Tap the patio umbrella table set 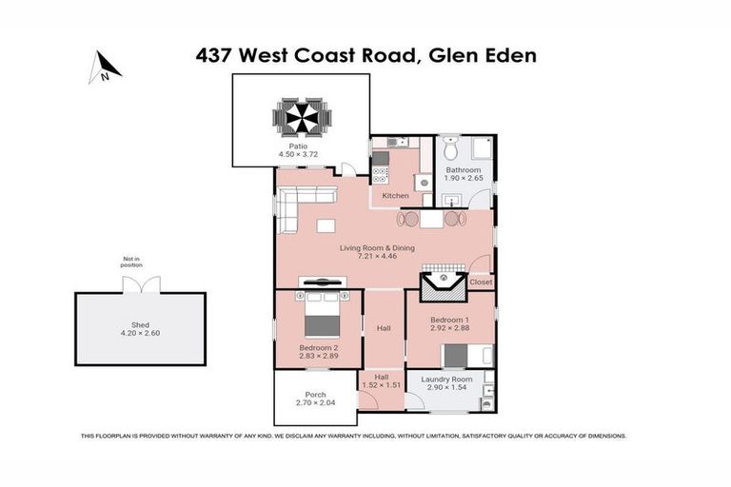click(x=303, y=118)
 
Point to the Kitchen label click(x=395, y=196)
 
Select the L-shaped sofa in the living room click(x=304, y=205)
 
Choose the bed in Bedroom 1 click(x=466, y=355)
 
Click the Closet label click(x=481, y=282)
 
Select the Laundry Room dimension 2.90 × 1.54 click(x=448, y=388)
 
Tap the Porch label click(x=315, y=394)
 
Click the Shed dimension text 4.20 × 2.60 click(x=141, y=334)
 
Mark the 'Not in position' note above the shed click(x=130, y=263)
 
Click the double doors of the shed click(x=141, y=284)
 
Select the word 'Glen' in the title click(x=447, y=55)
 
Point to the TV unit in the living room click(x=321, y=282)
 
